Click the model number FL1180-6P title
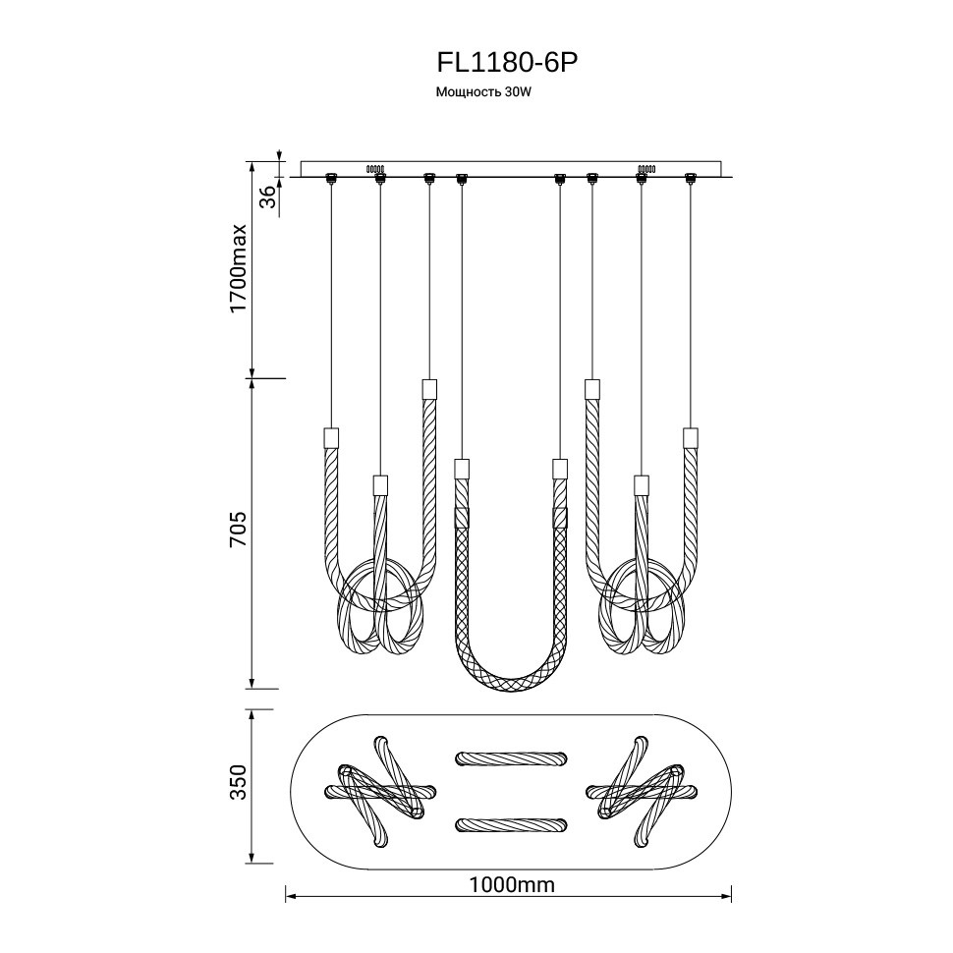(506, 62)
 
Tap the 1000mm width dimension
(512, 884)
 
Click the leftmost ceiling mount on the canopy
(331, 178)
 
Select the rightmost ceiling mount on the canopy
(690, 178)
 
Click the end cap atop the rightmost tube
(690, 436)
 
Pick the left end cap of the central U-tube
(462, 468)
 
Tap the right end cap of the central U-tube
(560, 468)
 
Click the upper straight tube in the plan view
(511, 757)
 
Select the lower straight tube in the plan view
(511, 822)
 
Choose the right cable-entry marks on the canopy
(645, 168)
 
